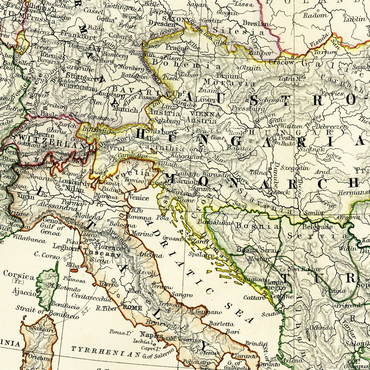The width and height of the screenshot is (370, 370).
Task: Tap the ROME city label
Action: [132, 307]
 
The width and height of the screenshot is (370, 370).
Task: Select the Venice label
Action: [139, 198]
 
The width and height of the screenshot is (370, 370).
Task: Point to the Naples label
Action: [151, 335]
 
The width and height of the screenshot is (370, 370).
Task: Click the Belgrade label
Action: [318, 226]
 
